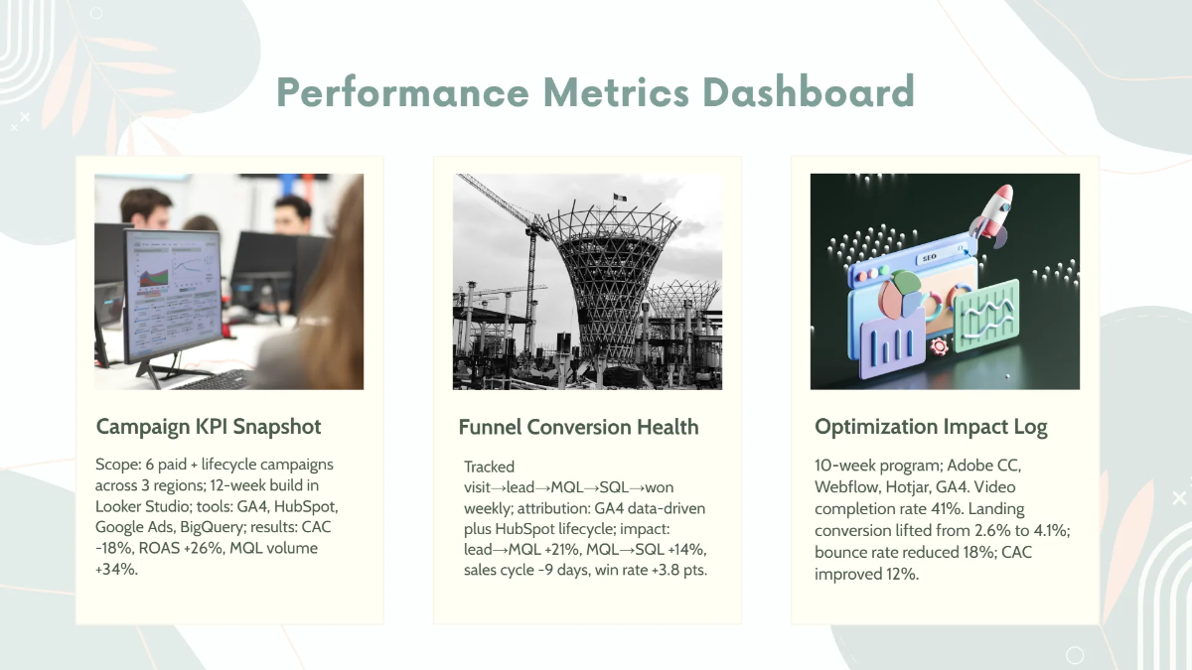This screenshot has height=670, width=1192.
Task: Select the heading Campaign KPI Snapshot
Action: pos(209,427)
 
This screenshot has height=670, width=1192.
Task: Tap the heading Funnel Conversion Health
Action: pos(578,427)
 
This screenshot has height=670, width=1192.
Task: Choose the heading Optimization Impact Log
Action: pos(931,427)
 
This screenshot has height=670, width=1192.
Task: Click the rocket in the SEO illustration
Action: pos(993,209)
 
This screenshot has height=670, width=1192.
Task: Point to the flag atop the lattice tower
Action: pos(619,196)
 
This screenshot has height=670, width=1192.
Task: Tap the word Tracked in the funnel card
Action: pos(490,466)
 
